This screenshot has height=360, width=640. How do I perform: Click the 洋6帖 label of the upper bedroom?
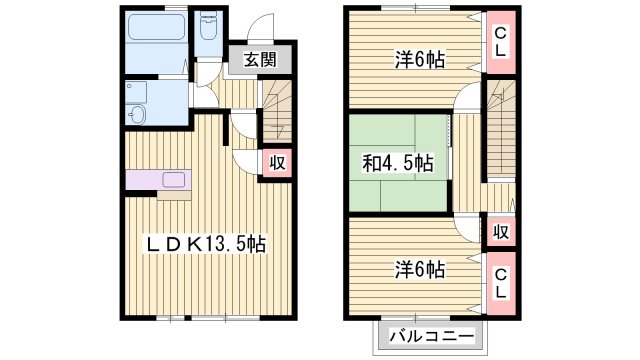418,59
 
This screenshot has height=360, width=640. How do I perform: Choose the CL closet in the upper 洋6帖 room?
499,43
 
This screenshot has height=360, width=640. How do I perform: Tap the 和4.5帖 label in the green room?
396,162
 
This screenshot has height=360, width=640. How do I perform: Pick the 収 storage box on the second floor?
501,233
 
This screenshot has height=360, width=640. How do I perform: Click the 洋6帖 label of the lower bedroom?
418,269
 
